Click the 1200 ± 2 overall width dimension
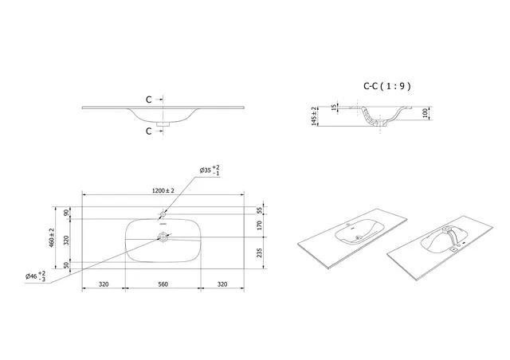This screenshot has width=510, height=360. pyautogui.click(x=164, y=190)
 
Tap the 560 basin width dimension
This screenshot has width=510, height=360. pyautogui.click(x=163, y=283)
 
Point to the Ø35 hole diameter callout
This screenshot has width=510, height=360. pyautogui.click(x=209, y=170)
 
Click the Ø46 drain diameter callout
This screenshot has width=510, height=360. pyautogui.click(x=36, y=276)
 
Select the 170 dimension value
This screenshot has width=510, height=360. pyautogui.click(x=260, y=225)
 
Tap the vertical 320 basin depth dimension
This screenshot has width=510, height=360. pyautogui.click(x=67, y=239)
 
